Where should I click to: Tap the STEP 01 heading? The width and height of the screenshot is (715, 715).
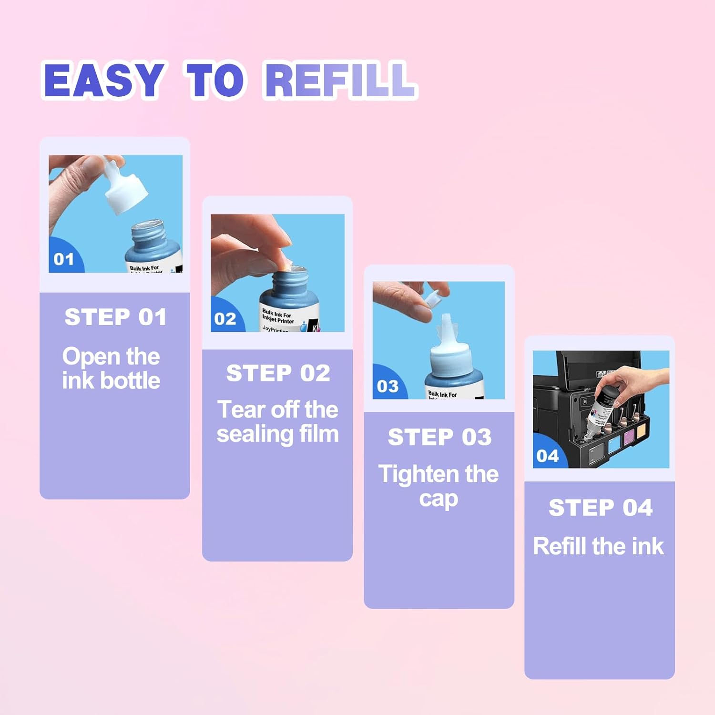tap(115, 317)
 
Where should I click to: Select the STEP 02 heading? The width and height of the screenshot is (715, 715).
tap(278, 373)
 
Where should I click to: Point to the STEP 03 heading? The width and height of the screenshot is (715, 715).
tap(439, 437)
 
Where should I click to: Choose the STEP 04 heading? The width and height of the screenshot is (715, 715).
tap(600, 507)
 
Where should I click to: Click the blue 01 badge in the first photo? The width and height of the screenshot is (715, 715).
tap(64, 259)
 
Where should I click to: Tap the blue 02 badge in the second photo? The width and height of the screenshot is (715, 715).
tap(225, 318)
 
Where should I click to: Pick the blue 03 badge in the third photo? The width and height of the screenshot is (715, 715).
tap(387, 386)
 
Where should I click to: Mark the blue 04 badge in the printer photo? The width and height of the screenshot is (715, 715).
tap(547, 456)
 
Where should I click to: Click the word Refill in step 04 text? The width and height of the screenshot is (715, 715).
tap(559, 546)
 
